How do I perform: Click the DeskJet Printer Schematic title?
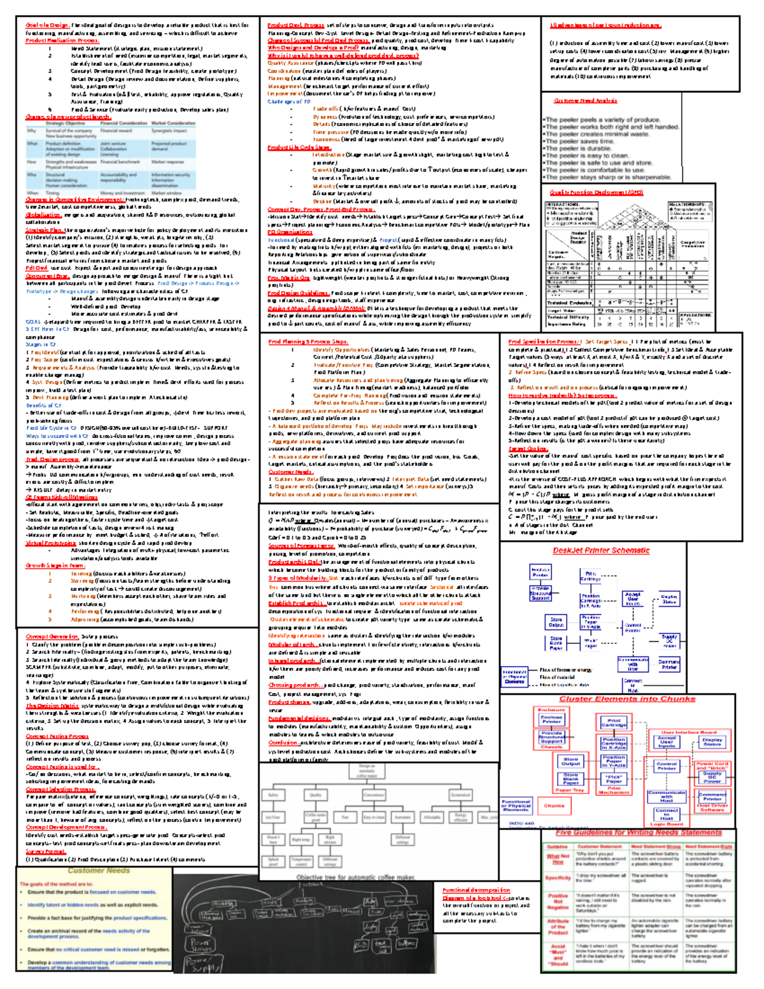coord(601,551)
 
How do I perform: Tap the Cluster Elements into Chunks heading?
coord(627,699)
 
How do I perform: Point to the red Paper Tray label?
coord(569,790)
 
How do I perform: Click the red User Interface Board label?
coord(688,732)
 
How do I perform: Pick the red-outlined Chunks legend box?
coord(554,806)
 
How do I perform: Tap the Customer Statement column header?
coord(598,847)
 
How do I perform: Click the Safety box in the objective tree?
coord(273,795)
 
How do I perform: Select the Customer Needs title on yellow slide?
coord(99,871)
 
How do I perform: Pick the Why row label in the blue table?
coord(32,131)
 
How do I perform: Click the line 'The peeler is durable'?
coord(578,148)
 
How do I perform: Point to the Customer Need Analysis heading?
coord(585,101)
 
